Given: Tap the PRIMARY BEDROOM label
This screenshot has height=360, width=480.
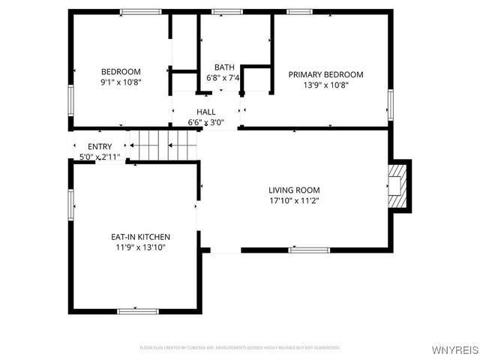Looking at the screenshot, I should click(325, 74).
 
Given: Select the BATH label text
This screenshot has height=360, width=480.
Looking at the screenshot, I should click(223, 67).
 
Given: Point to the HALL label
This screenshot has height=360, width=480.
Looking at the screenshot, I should click(206, 112).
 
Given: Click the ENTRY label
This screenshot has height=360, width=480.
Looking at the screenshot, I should click(100, 146).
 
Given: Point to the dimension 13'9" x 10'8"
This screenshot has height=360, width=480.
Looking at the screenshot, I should click(325, 85).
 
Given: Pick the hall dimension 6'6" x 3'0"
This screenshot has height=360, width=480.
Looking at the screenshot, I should click(206, 122).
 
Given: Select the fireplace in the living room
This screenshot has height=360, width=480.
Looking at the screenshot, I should click(398, 186).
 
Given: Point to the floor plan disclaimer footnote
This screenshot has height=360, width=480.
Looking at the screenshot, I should click(240, 348).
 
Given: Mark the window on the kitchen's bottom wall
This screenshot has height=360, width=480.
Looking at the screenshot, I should click(137, 310).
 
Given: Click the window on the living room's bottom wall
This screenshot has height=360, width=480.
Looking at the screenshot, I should click(309, 250).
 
